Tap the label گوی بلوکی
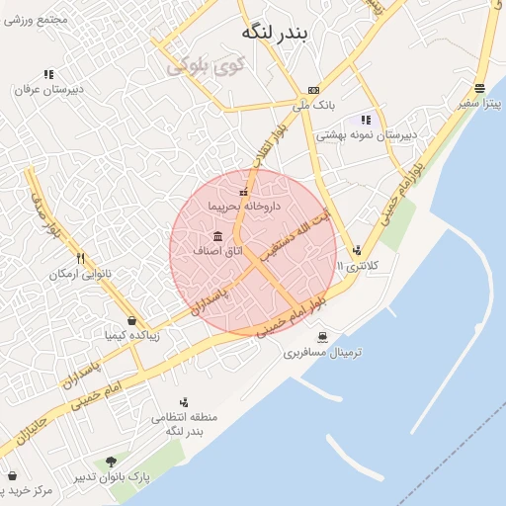206,67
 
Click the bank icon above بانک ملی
314,89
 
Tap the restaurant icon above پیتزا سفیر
479,87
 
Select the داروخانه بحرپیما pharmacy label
245,207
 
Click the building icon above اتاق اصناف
217,237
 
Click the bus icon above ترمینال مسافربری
321,338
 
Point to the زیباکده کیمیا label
131,335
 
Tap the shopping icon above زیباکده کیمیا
131,320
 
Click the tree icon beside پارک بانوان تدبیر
111,462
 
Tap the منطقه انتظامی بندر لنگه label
178,425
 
